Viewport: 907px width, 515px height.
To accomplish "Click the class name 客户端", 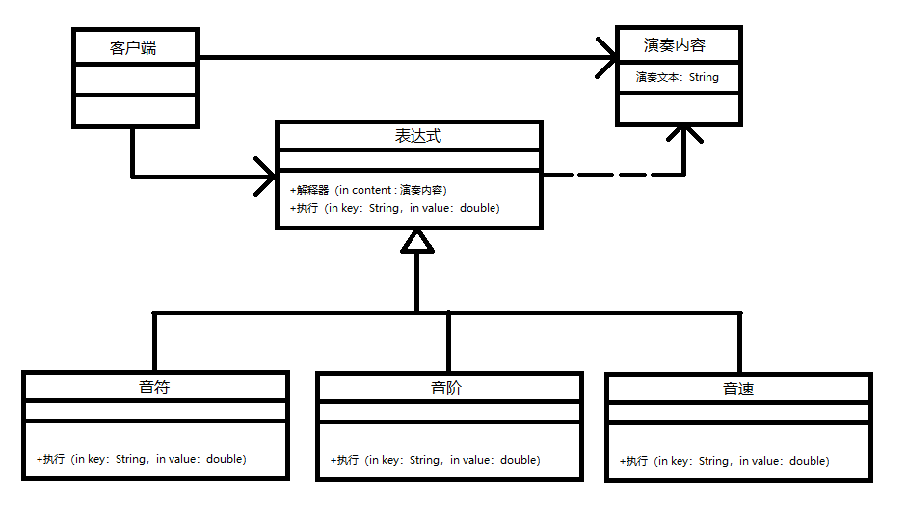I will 134,47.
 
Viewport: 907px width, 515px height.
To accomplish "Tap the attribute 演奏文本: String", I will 677,77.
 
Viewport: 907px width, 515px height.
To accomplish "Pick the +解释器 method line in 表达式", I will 368,190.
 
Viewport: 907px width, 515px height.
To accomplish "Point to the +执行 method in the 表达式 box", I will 394,208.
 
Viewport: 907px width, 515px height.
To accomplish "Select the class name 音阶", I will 447,389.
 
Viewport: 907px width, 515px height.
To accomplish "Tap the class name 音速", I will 738,390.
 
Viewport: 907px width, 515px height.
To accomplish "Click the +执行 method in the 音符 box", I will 141,459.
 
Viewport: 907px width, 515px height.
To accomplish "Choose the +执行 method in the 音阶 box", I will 435,460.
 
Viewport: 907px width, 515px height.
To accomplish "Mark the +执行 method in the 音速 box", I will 724,461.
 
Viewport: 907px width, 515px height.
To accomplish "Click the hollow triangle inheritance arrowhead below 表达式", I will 416,240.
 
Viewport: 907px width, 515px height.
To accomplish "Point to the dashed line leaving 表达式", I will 607,176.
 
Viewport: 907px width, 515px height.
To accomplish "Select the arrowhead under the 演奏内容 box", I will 683,134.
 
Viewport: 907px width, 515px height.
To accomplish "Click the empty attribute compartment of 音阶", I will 449,412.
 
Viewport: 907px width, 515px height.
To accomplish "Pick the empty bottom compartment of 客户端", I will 134,111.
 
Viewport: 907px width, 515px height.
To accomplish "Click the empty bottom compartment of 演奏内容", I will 679,108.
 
